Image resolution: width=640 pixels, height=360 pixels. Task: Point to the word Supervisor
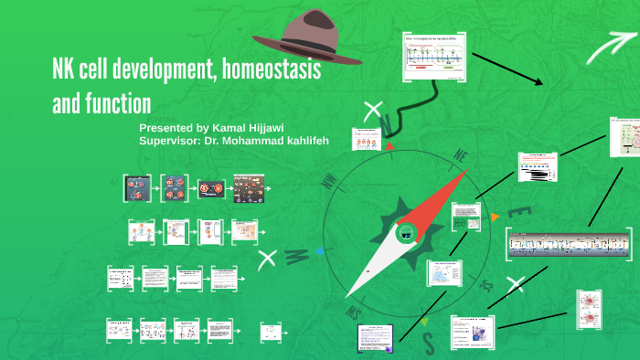click(170, 142)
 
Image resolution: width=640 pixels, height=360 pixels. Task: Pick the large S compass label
click(428, 342)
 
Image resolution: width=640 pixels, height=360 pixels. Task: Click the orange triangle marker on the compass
click(496, 217)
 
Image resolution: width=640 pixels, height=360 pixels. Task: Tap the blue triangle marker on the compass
click(317, 250)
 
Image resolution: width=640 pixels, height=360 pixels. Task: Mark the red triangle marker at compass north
click(390, 143)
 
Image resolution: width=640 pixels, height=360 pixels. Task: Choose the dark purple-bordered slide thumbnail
click(375, 337)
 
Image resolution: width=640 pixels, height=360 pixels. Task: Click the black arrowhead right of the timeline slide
click(538, 82)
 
